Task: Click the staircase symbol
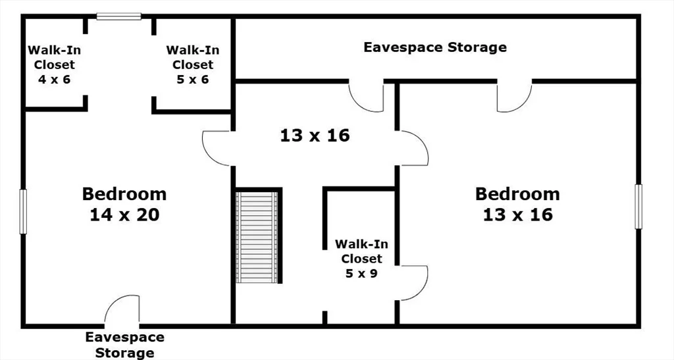(257, 237)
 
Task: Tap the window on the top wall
(118, 16)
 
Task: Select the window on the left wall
(23, 212)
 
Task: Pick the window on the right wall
(638, 207)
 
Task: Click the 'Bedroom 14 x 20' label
(124, 204)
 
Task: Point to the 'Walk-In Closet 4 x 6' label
(54, 64)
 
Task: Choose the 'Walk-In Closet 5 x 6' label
(193, 64)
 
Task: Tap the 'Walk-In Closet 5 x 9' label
(361, 259)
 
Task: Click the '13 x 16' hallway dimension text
(315, 136)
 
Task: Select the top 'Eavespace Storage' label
(435, 47)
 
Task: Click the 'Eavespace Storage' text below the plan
(124, 345)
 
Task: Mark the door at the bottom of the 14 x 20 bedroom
(122, 310)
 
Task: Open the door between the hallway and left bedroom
(217, 148)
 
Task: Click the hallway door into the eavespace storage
(366, 96)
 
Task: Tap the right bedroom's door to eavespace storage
(515, 96)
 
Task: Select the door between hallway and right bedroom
(413, 148)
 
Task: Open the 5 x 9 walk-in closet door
(413, 283)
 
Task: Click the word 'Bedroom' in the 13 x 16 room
(517, 194)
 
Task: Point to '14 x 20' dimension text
(124, 215)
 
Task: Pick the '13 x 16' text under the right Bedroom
(517, 215)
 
